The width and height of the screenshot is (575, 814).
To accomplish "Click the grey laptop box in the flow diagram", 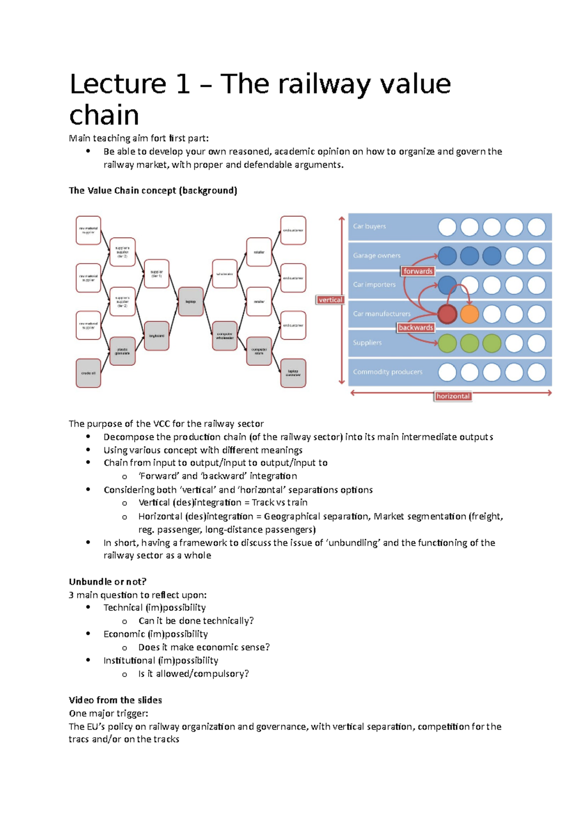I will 191,302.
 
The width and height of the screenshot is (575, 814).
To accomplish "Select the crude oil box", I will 88,373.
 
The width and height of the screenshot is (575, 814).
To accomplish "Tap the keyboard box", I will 156,336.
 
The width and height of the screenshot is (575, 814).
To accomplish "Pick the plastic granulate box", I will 122,351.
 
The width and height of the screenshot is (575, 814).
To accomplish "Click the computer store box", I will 259,351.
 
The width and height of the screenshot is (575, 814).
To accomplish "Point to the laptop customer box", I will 293,373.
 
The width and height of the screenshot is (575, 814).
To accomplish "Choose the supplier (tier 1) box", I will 156,274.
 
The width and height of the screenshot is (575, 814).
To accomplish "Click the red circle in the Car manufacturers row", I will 447,314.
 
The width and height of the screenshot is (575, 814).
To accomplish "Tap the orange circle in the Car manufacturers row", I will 470,314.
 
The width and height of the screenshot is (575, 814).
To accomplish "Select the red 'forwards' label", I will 418,271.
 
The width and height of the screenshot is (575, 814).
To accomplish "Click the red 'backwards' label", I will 416,328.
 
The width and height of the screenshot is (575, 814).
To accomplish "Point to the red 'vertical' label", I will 330,300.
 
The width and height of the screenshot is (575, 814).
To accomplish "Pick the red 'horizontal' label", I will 453,396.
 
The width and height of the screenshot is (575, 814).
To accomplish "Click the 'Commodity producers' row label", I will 388,372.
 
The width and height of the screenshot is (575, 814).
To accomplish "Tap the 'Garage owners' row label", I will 377,256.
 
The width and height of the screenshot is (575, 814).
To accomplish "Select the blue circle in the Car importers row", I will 447,285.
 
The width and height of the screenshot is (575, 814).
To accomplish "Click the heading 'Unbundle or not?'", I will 108,582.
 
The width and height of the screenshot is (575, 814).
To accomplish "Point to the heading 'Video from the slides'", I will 115,700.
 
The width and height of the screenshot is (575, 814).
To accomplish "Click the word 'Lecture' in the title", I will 117,84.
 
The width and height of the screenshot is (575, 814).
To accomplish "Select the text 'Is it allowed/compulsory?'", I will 194,674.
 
